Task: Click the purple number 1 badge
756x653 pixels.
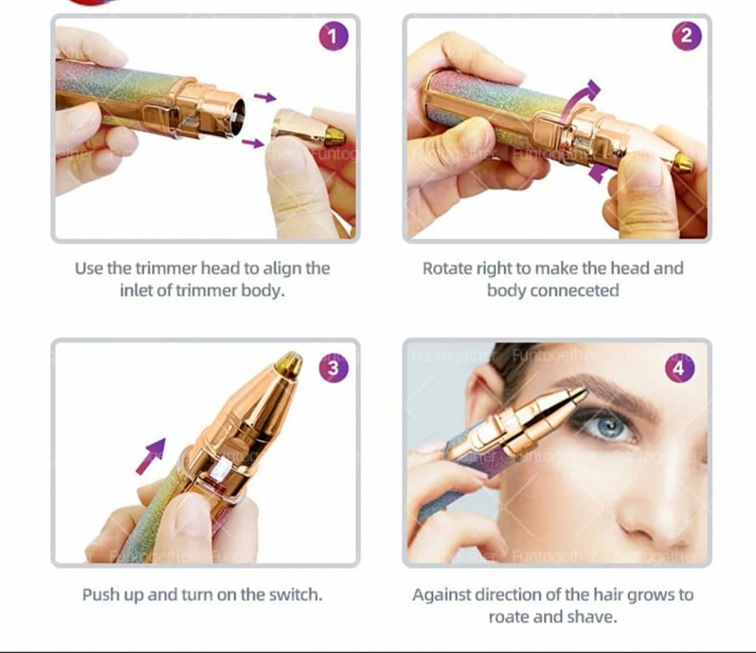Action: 333,36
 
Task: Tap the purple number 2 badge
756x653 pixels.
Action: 685,36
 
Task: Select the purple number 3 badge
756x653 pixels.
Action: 333,368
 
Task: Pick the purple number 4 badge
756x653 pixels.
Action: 680,368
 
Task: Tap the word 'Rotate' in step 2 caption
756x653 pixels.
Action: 447,268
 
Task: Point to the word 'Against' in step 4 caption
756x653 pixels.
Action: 443,594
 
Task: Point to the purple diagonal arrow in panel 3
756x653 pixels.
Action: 151,455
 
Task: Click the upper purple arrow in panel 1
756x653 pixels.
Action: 265,97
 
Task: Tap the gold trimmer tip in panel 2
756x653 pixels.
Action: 683,163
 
